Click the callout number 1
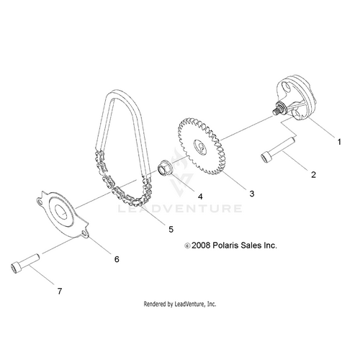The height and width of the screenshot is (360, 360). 339,142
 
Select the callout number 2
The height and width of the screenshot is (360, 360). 313,175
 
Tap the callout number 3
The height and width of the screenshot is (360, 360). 252,194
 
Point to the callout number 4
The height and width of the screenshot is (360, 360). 200,197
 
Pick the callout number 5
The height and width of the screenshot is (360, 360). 171,230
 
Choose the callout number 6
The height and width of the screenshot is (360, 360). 117,259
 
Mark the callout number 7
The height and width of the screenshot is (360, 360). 60,291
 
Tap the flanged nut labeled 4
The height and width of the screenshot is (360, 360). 165,168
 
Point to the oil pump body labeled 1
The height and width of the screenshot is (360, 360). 294,99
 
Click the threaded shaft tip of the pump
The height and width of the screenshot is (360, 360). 276,112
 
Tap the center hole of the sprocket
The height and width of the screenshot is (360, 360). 200,148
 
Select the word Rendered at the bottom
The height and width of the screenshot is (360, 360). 154,304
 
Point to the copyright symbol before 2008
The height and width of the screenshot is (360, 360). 187,246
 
